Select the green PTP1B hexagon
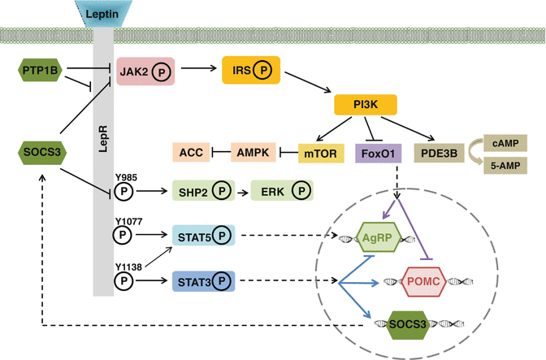38,71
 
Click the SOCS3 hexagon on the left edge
38,151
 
